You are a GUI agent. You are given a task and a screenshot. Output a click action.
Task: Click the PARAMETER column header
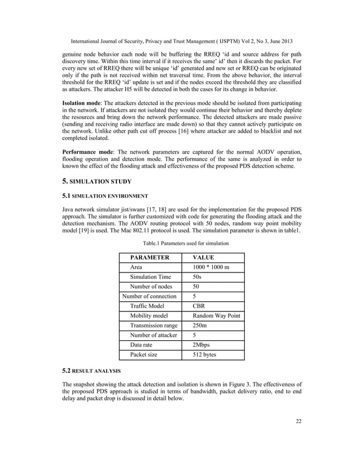point(150,257)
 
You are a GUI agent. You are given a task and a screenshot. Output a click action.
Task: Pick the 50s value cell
point(197,277)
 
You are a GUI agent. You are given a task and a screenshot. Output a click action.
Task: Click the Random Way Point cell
point(217,316)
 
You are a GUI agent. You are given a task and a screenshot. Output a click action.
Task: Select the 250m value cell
point(200,326)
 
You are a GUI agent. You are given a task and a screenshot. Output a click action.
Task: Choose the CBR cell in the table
point(199,306)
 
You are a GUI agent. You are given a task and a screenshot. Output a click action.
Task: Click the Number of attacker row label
point(153,336)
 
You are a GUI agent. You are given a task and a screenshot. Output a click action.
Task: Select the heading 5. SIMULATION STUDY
point(96,181)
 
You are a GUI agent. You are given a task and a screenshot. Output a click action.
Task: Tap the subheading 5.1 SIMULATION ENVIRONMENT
point(105,196)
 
